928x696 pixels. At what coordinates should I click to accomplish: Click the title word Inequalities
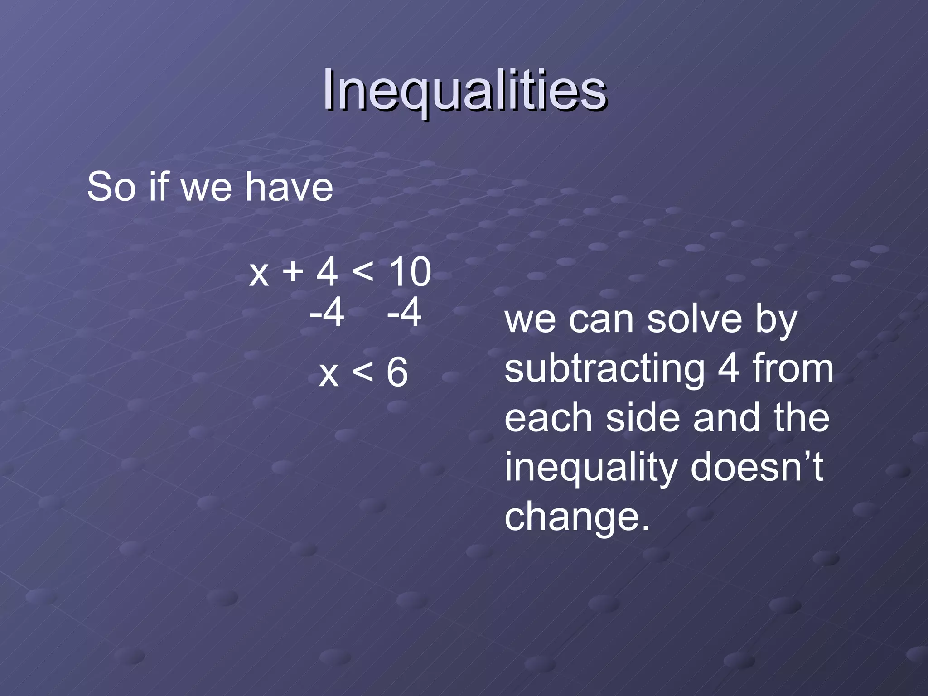pos(464,91)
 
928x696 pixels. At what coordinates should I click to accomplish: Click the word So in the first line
pos(111,187)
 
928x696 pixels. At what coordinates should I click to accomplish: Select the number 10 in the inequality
pos(410,273)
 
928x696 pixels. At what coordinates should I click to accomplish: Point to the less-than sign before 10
pos(362,272)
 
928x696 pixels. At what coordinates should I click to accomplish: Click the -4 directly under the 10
pos(404,313)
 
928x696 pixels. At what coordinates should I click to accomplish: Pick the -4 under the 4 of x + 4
pos(327,313)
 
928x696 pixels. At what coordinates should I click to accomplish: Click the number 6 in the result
pos(397,373)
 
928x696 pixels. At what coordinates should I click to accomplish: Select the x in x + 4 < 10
pos(259,275)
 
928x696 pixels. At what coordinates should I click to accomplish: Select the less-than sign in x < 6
pos(362,372)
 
